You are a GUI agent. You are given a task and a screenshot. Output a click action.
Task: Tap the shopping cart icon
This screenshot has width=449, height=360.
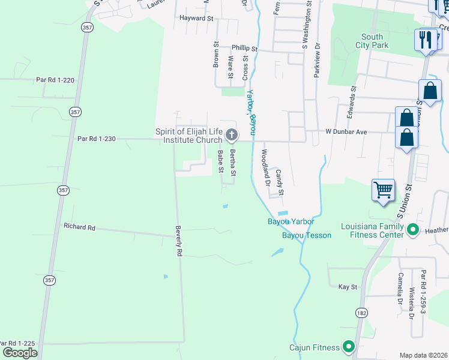pyautogui.click(x=383, y=191)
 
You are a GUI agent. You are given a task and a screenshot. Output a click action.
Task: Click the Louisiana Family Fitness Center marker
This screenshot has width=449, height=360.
pyautogui.click(x=412, y=230)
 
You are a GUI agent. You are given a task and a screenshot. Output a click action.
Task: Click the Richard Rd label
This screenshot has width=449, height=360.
pyautogui.click(x=79, y=227)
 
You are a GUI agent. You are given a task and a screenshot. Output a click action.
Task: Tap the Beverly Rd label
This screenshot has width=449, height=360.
pyautogui.click(x=178, y=241)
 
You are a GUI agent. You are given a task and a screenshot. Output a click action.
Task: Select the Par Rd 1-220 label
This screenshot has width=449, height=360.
pyautogui.click(x=55, y=79)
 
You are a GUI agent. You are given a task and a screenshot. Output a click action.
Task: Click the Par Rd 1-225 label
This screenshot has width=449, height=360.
pyautogui.click(x=18, y=343)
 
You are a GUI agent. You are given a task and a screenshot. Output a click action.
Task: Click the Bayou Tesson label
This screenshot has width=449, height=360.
pyautogui.click(x=306, y=235)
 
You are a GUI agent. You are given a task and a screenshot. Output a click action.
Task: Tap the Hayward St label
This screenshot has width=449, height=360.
pyautogui.click(x=196, y=19)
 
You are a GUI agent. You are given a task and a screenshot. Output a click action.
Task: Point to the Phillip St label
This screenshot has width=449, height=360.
pyautogui.click(x=245, y=49)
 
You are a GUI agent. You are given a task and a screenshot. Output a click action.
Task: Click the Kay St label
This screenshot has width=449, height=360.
pyautogui.click(x=348, y=287)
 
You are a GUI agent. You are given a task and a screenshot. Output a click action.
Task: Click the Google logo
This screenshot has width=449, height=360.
pyautogui.click(x=20, y=353)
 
